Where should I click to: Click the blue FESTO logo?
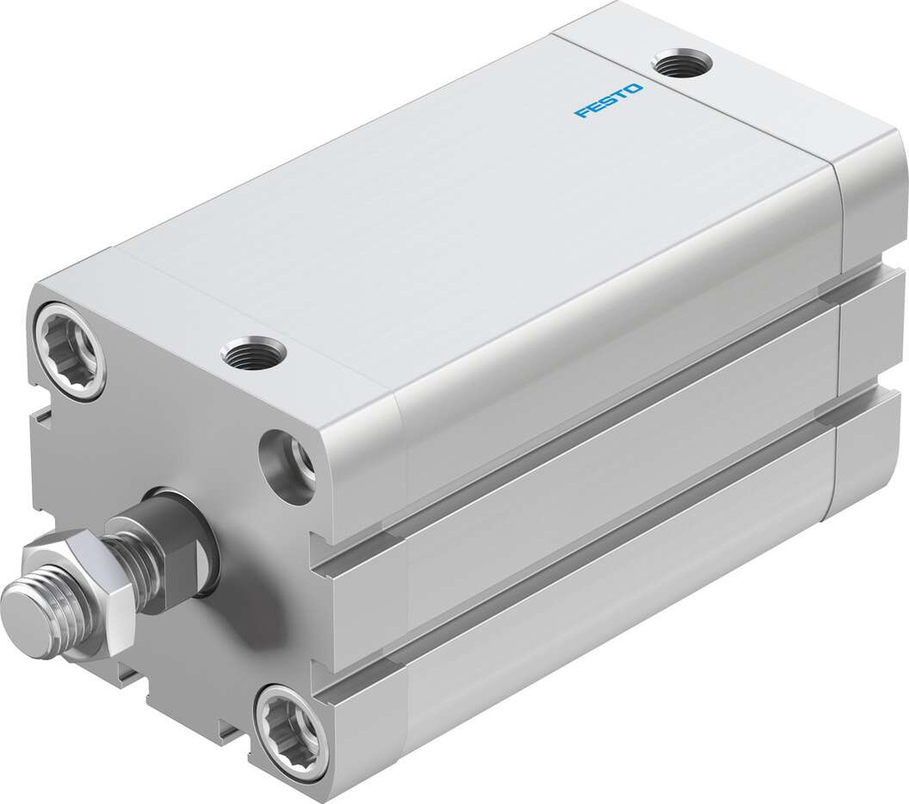609,100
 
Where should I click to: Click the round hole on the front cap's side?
288,461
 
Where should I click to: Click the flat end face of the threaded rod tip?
24,607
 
